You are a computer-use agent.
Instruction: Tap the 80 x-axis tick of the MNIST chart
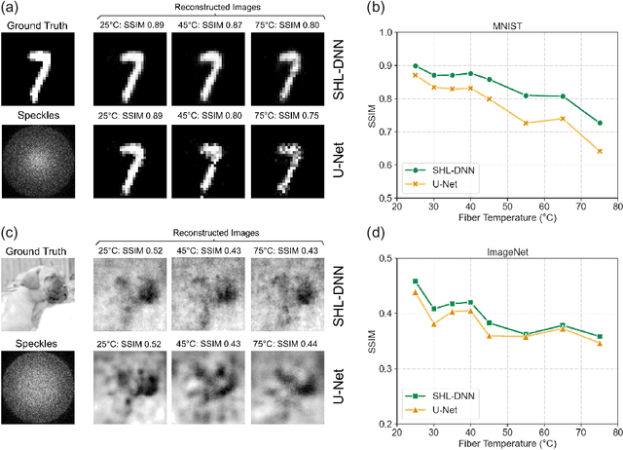coord(610,207)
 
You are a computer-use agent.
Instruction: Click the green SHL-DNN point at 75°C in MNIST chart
coord(600,123)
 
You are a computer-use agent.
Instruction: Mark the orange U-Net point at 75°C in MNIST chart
coord(600,151)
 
